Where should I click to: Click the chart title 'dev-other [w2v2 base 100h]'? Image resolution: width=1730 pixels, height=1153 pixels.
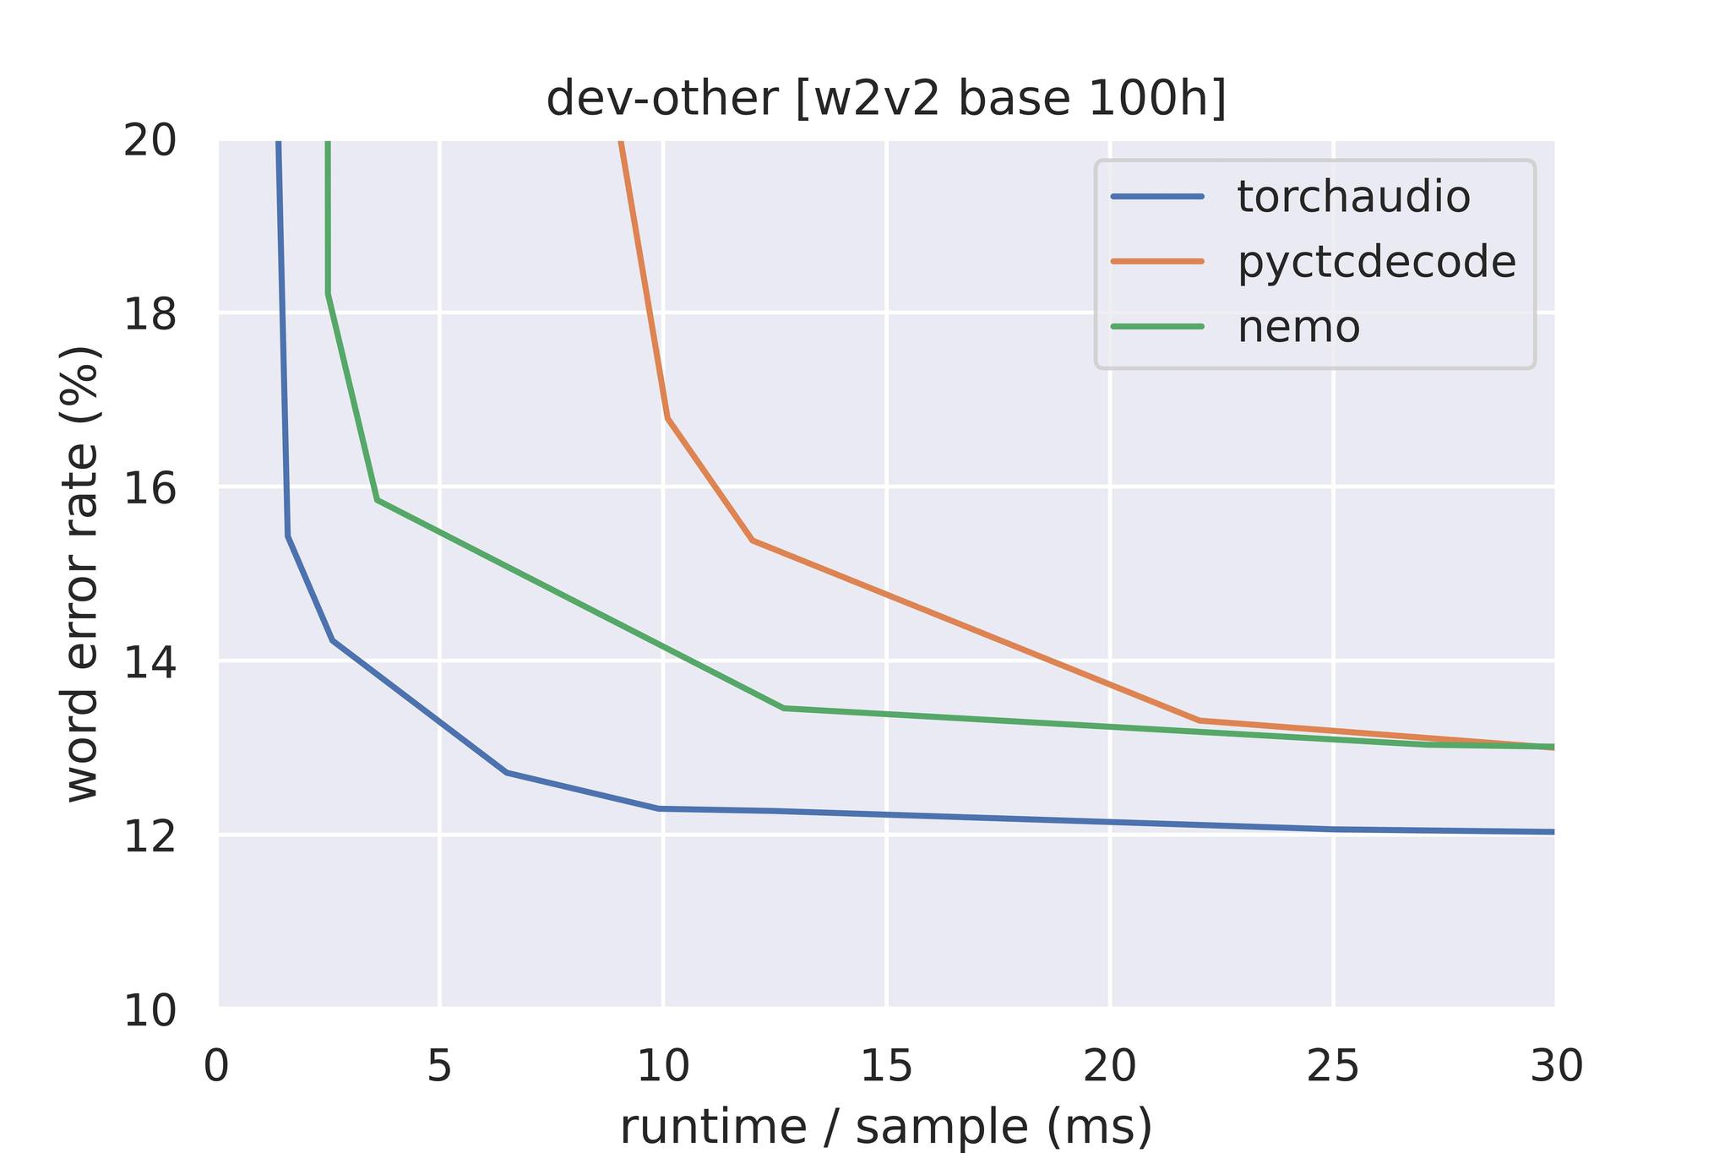(885, 100)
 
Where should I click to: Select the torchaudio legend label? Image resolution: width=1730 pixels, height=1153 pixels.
(1353, 197)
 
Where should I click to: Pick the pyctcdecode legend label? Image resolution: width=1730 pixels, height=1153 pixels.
(1376, 262)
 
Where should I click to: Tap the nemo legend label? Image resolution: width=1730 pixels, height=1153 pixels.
(1298, 327)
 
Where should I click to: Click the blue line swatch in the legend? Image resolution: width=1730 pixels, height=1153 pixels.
(1157, 197)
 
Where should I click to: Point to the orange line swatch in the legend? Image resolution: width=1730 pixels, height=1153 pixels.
(1157, 262)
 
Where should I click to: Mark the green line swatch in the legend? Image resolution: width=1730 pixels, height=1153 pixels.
(1157, 327)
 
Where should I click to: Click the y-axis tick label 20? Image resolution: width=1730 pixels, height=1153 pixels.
(150, 141)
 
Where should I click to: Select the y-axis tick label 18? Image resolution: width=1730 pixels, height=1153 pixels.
(150, 314)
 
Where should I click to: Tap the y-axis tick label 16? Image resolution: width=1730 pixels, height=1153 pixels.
(150, 487)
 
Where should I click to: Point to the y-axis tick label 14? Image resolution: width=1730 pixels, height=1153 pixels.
(150, 661)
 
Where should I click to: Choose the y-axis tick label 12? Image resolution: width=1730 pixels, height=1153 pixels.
(150, 835)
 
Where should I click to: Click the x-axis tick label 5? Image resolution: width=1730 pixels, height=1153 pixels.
(439, 1066)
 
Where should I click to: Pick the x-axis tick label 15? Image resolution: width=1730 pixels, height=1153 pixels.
(886, 1066)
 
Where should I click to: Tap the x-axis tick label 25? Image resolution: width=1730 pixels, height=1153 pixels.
(1333, 1066)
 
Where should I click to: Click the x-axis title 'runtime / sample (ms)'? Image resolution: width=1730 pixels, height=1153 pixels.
(885, 1127)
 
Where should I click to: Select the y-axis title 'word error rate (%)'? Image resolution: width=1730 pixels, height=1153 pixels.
(83, 574)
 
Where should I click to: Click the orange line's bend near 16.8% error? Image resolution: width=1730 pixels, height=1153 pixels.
(667, 417)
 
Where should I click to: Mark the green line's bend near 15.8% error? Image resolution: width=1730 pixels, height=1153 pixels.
(377, 500)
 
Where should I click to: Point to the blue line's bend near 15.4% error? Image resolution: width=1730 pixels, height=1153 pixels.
(288, 536)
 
